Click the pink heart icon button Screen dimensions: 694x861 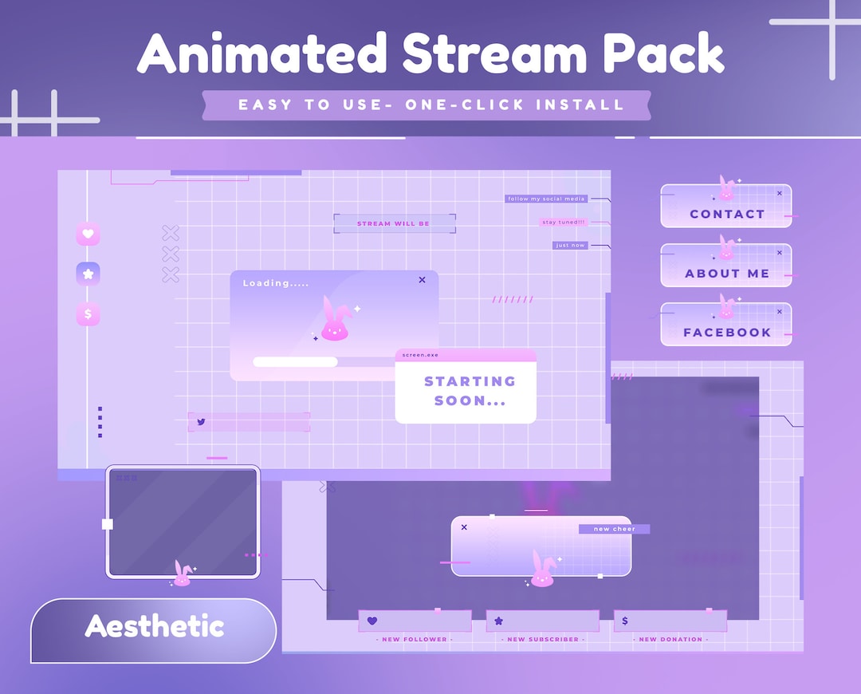(x=88, y=234)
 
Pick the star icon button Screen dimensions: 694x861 (x=88, y=274)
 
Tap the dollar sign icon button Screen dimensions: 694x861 (x=88, y=314)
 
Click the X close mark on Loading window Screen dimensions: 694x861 (x=422, y=280)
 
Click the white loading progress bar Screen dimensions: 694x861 (x=295, y=362)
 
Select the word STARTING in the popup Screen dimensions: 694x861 (x=470, y=381)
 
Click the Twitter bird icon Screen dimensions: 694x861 (x=201, y=422)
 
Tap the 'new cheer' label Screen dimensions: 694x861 (x=614, y=529)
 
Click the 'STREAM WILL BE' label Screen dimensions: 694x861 (x=393, y=224)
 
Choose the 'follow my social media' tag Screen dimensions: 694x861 (x=545, y=199)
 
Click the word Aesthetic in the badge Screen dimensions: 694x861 (x=154, y=626)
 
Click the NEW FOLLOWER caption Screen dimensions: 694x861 (x=415, y=640)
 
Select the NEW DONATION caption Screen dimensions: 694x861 (x=670, y=640)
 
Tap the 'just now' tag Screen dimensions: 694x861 (x=570, y=246)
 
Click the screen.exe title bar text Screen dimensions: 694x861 (x=420, y=355)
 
